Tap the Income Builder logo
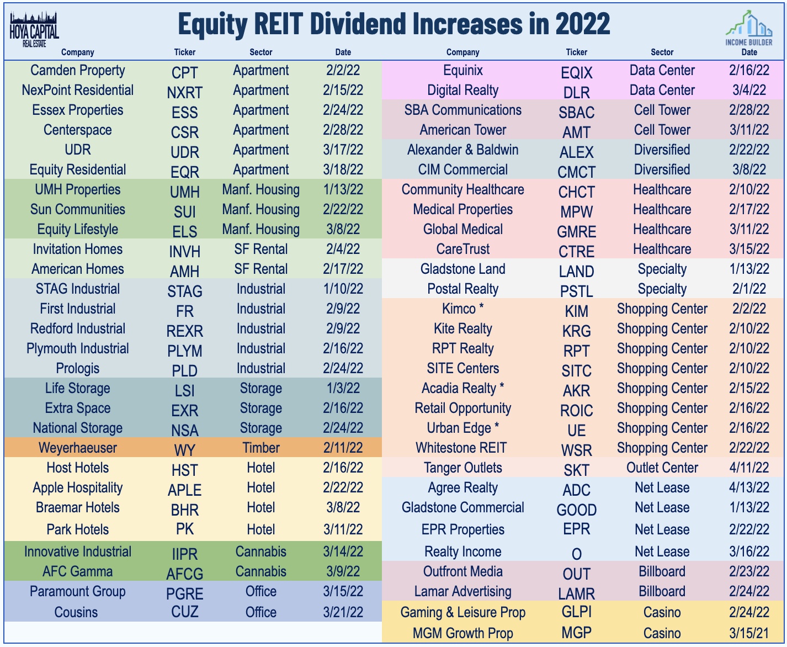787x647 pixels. coord(749,29)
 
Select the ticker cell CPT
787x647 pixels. coord(184,73)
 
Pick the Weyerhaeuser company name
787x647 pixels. coord(78,448)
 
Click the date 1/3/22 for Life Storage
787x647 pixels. coord(343,388)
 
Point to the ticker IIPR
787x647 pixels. coord(184,554)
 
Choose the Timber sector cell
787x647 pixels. coord(260,448)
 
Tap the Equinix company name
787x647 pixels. coord(462,70)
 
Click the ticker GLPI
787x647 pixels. coord(576,612)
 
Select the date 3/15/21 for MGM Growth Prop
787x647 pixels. coord(748,633)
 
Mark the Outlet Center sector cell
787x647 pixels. coord(662,468)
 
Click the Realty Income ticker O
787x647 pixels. coord(576,554)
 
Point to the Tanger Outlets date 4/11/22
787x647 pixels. coord(748,468)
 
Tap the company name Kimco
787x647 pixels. coord(459,309)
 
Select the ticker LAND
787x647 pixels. coord(576,272)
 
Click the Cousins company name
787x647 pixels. coord(76,612)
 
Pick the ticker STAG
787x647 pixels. coord(184,291)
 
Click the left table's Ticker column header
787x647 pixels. coord(184,52)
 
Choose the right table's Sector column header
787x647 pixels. coord(662,52)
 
